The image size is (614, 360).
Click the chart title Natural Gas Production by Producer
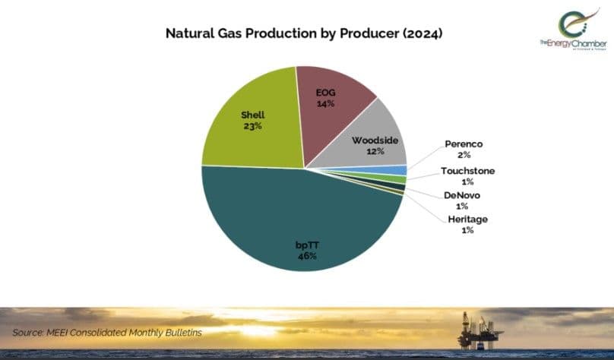pyautogui.click(x=304, y=34)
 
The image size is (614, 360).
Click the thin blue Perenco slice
pyautogui.click(x=399, y=170)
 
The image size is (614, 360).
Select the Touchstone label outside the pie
pyautogui.click(x=467, y=171)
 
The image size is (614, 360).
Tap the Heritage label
pyautogui.click(x=467, y=219)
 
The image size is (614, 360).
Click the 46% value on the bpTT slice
pyautogui.click(x=307, y=257)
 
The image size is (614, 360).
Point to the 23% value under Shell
pyautogui.click(x=253, y=126)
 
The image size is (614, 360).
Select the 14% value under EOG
pyautogui.click(x=326, y=104)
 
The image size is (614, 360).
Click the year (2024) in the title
pyautogui.click(x=420, y=34)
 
